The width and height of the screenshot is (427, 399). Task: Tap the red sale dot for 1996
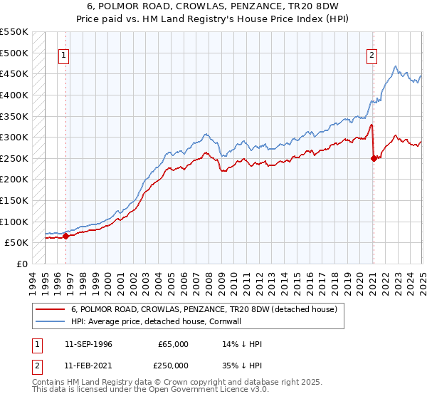point(66,236)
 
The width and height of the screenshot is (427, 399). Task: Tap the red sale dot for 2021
point(374,159)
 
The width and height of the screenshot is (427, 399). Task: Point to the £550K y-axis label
point(14,32)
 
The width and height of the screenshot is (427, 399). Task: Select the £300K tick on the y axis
point(14,137)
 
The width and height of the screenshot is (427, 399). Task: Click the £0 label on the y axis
point(23,264)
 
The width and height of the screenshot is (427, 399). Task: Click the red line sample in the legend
point(50,309)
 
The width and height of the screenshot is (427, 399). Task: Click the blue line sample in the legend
point(50,321)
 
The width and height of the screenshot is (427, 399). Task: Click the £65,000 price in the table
point(173,344)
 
